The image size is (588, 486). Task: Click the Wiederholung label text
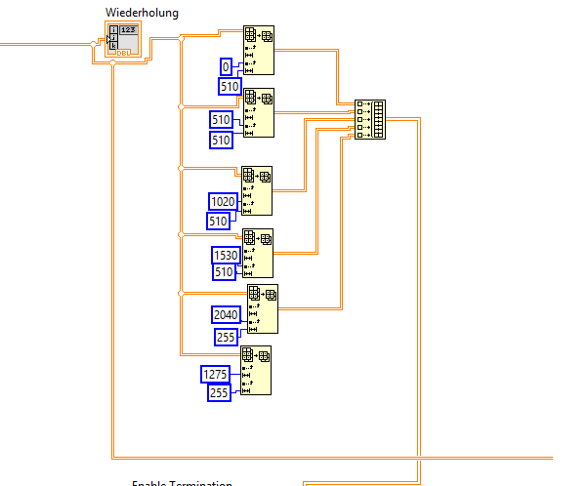click(142, 12)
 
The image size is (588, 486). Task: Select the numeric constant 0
click(227, 66)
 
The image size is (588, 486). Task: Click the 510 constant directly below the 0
click(230, 86)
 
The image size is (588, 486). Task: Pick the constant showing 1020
click(224, 201)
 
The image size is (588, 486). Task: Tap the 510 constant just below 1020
click(219, 221)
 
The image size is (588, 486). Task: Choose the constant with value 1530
click(226, 255)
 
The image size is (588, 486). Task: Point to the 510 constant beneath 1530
click(225, 272)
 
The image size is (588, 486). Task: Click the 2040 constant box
click(226, 314)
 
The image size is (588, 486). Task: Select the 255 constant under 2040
click(226, 337)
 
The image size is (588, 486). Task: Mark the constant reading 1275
click(215, 374)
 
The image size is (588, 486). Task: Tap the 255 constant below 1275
click(220, 393)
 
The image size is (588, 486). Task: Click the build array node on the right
click(370, 119)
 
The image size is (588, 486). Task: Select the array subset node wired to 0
click(260, 50)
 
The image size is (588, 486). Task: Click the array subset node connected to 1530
click(258, 253)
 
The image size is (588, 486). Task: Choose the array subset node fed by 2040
click(262, 308)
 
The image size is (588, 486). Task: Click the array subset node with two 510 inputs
click(260, 112)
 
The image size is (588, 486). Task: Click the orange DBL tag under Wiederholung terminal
click(124, 53)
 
